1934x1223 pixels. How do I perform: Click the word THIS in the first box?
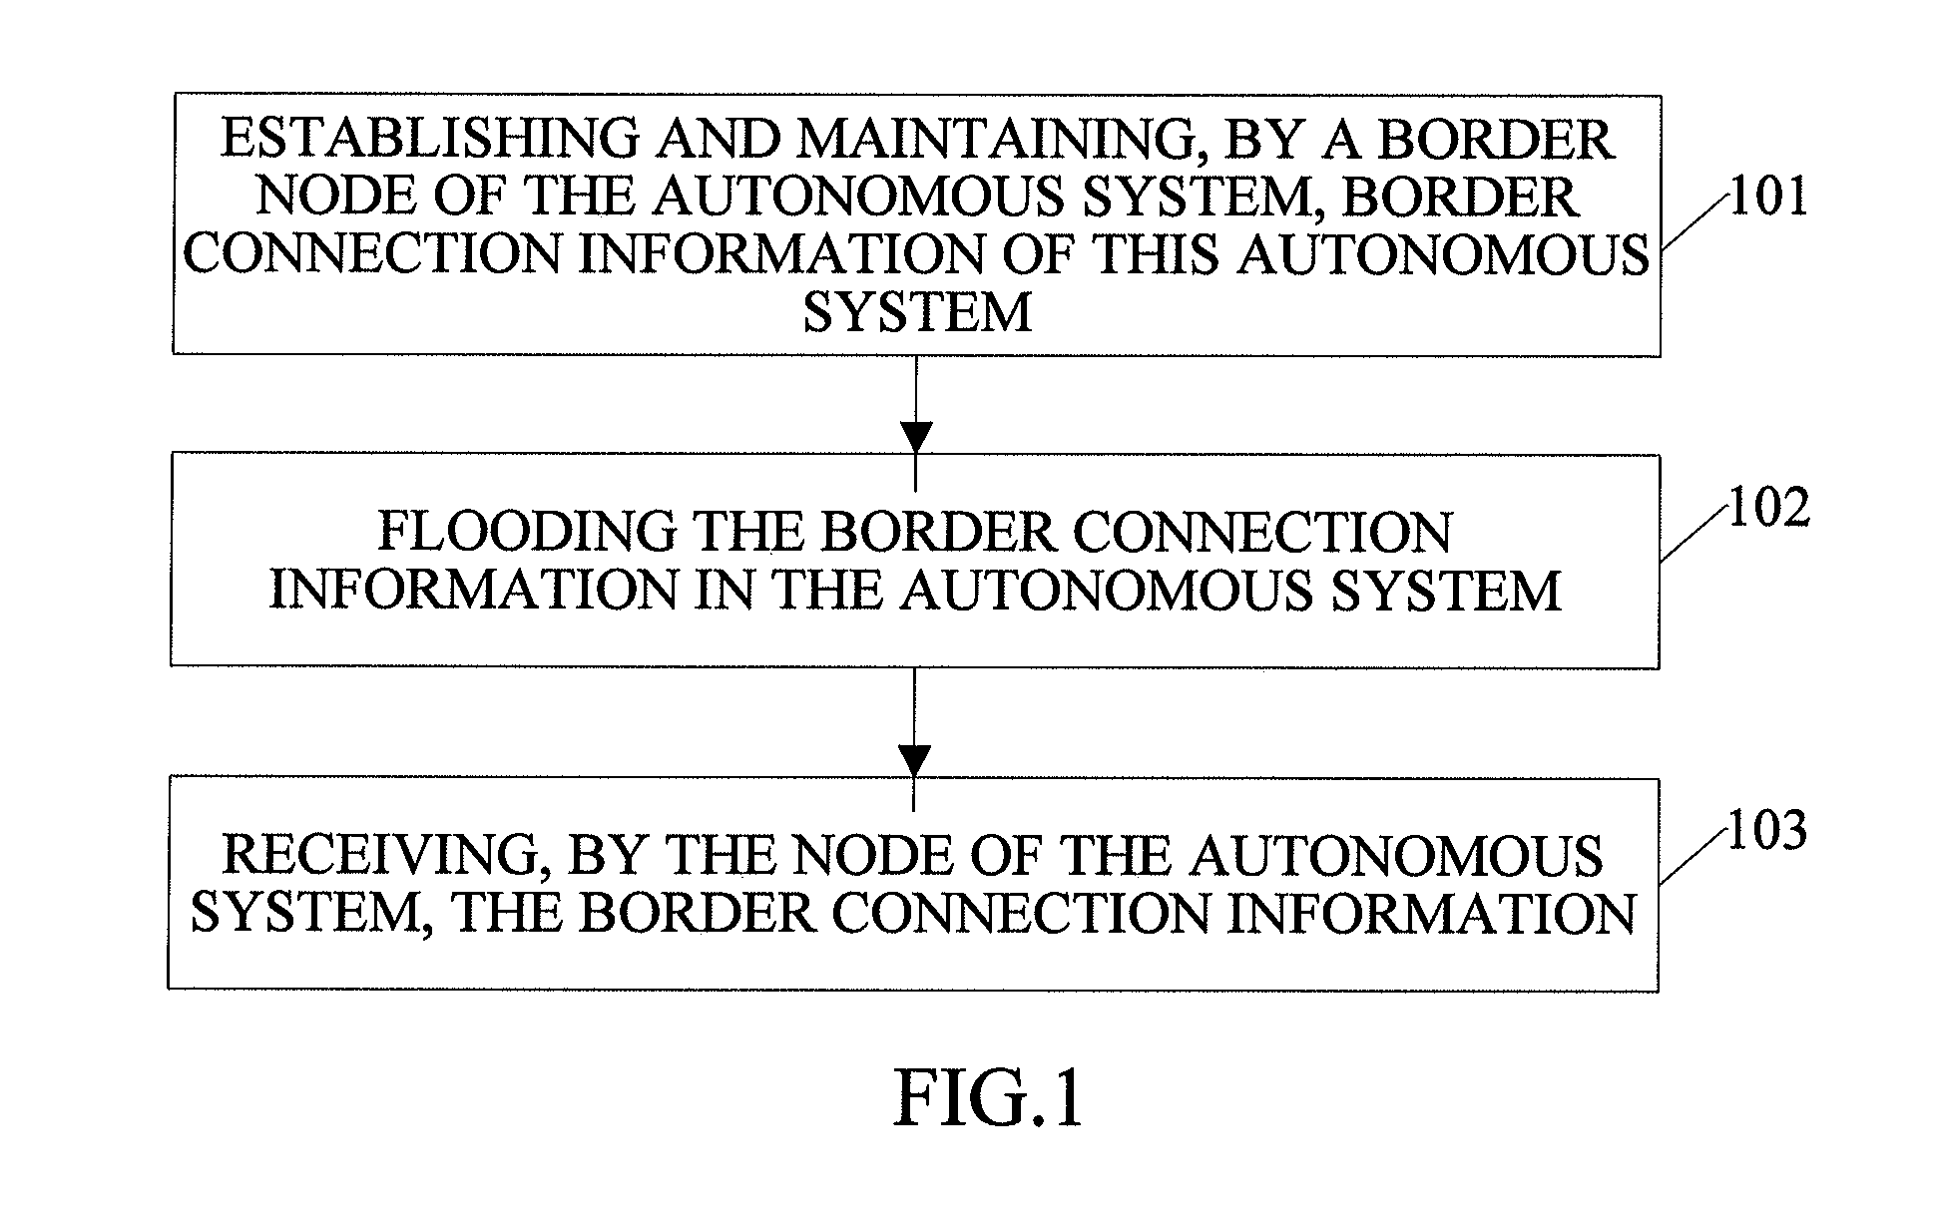[x=1158, y=254]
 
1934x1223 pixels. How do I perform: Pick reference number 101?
[x=1768, y=198]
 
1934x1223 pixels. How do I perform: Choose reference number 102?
[x=1768, y=510]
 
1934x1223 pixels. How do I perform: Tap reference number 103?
[x=1766, y=830]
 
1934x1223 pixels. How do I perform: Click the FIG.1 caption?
[x=988, y=1098]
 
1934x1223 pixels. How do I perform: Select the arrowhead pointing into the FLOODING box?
[x=915, y=437]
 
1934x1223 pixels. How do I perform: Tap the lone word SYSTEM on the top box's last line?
[x=917, y=312]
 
